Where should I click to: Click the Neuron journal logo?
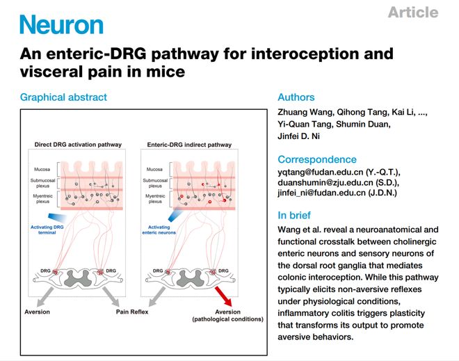[61, 24]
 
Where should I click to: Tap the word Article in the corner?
[413, 13]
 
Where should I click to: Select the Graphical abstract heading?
[63, 97]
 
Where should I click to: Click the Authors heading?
[296, 97]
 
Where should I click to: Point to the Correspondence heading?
[317, 159]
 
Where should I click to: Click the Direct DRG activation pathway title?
[78, 145]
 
